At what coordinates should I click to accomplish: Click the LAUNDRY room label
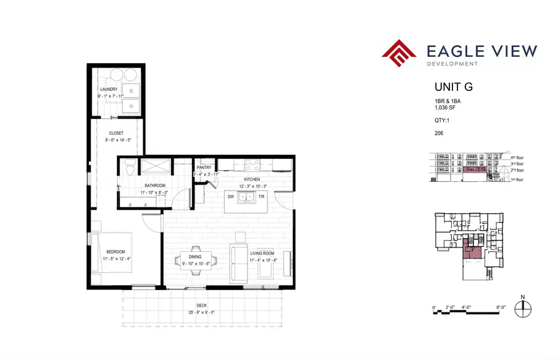pos(108,89)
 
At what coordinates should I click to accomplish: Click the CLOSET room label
pos(116,133)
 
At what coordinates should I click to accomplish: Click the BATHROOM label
pos(155,185)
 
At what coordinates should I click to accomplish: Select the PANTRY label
pos(204,168)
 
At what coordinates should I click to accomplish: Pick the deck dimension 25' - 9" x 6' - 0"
pos(203,312)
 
